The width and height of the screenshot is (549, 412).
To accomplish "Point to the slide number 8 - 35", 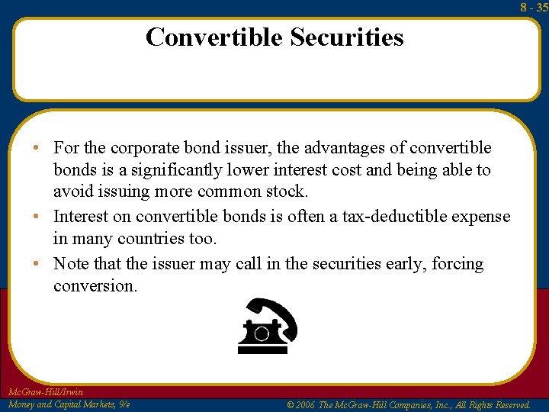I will pyautogui.click(x=534, y=8).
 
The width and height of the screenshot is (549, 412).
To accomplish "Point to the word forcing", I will pyautogui.click(x=458, y=264).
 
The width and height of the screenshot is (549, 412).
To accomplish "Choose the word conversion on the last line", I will pyautogui.click(x=95, y=286).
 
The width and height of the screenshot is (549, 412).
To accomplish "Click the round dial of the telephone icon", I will pyautogui.click(x=262, y=333).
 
